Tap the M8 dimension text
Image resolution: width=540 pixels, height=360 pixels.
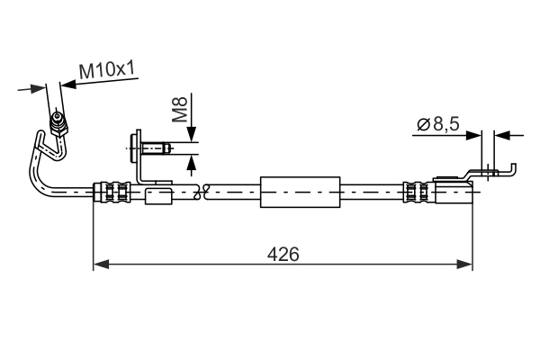[180, 110]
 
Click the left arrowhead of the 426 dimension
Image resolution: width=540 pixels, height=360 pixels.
[101, 264]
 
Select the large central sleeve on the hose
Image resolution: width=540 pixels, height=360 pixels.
[300, 193]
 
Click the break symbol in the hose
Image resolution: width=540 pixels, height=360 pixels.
[205, 191]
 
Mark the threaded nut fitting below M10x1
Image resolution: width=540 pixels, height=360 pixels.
[59, 121]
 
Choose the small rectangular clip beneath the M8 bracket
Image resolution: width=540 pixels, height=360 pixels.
[158, 195]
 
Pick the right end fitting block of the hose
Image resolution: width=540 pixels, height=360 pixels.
[454, 193]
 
